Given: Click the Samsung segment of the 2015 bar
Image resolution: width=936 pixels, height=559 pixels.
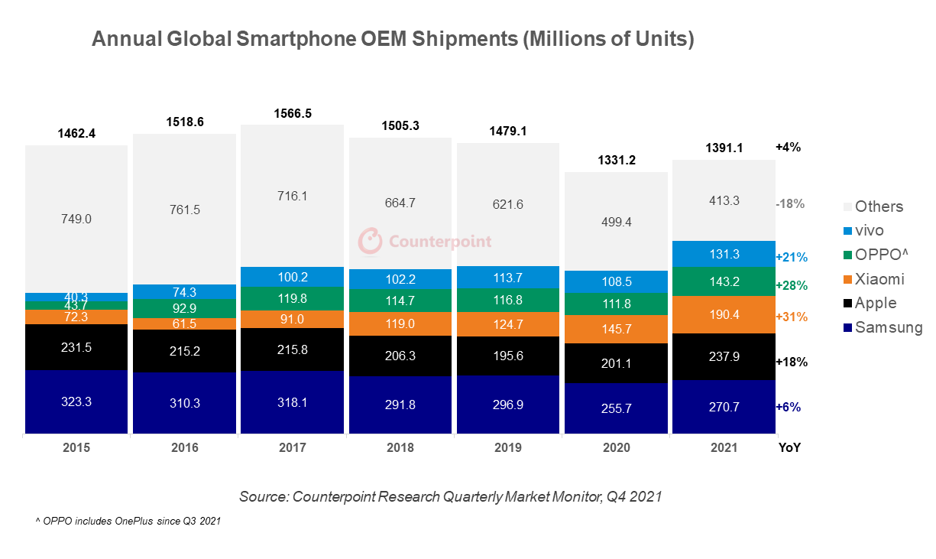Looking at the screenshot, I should click(x=76, y=401).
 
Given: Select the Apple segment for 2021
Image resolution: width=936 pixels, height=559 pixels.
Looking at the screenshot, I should click(x=724, y=356).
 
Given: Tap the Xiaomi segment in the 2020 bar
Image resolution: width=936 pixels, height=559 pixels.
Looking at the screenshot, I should click(x=616, y=330).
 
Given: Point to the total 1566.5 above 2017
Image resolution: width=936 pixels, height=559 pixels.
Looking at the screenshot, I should click(x=293, y=114).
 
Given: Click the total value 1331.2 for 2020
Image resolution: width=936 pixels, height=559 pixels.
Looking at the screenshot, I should click(x=616, y=161).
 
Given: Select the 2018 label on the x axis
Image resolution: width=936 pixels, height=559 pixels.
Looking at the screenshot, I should click(x=400, y=448).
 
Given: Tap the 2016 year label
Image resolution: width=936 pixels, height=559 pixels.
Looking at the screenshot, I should click(x=185, y=448).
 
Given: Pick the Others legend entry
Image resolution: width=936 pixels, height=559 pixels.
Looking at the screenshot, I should click(x=879, y=206).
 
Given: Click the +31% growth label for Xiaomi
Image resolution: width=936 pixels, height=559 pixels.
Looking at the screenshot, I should click(x=792, y=316).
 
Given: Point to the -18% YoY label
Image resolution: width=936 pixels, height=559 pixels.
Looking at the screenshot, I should click(x=789, y=204).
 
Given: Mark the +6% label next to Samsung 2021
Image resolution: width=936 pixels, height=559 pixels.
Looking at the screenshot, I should click(x=788, y=408).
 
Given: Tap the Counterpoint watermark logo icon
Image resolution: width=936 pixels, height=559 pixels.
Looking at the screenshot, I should click(x=370, y=241).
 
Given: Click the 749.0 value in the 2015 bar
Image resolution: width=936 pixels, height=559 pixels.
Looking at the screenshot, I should click(x=76, y=219).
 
